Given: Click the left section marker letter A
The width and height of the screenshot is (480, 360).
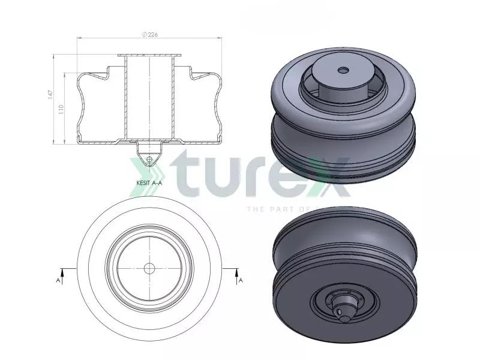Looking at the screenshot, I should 58,280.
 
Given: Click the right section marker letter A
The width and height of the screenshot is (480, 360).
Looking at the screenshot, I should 241,280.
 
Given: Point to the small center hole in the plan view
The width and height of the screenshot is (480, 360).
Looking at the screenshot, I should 149,267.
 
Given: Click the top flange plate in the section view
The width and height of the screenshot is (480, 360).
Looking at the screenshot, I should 149,56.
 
